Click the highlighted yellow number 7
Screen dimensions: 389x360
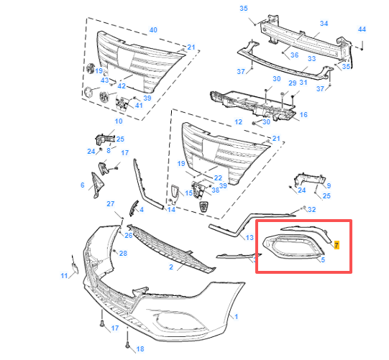pyautogui.click(x=337, y=245)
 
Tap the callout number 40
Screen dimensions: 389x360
pyautogui.click(x=153, y=30)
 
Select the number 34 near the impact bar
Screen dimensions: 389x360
pyautogui.click(x=324, y=24)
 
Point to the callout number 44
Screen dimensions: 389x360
pyautogui.click(x=362, y=29)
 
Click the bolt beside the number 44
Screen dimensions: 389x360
pyautogui.click(x=362, y=45)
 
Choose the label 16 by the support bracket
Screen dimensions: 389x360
pyautogui.click(x=303, y=115)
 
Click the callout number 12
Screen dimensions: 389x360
pyautogui.click(x=238, y=122)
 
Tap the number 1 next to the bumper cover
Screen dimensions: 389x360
pyautogui.click(x=236, y=317)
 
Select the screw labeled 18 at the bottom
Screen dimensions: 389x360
pyautogui.click(x=127, y=340)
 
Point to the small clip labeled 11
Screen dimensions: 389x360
pyautogui.click(x=75, y=265)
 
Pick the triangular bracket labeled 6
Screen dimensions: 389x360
pyautogui.click(x=97, y=185)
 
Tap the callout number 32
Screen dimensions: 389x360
pyautogui.click(x=311, y=210)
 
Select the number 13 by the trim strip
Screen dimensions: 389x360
pyautogui.click(x=250, y=238)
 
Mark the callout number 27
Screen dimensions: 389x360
pyautogui.click(x=111, y=204)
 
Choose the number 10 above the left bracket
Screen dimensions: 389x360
pyautogui.click(x=119, y=121)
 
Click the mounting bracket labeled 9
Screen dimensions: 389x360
pyautogui.click(x=310, y=179)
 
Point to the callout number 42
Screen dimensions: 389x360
pyautogui.click(x=122, y=86)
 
